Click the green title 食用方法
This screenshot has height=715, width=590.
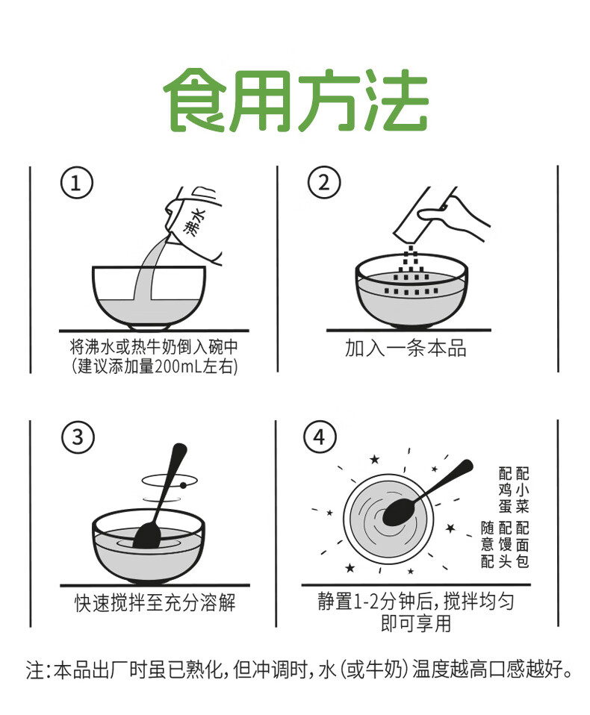pos(296,101)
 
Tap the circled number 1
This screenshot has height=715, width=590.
pos(77,183)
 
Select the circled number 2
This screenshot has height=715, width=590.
pos(323,182)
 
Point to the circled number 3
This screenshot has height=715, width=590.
pos(78,437)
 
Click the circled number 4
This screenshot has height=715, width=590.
pos(320,437)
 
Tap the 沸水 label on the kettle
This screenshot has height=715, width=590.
pos(195,222)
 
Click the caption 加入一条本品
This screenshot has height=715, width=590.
pos(406,348)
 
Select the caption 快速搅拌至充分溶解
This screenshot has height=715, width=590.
pos(155,602)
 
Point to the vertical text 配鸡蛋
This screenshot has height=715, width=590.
pos(505,490)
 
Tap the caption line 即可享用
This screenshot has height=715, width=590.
pos(416,623)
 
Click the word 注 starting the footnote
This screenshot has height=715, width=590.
pos(34,670)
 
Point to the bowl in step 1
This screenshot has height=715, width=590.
pos(149,297)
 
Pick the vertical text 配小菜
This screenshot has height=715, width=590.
pos(523,490)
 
